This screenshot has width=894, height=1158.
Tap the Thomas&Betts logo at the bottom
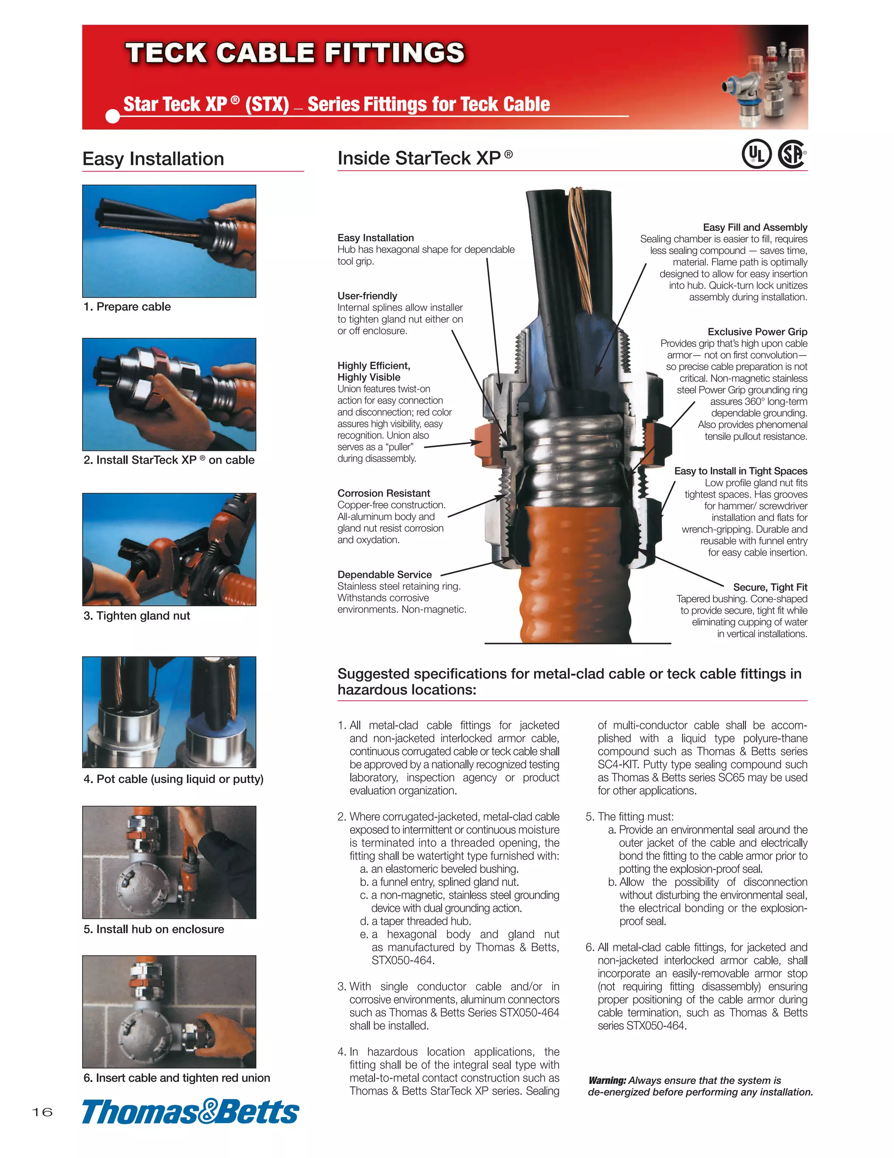tap(190, 1112)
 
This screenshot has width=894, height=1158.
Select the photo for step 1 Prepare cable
tap(169, 241)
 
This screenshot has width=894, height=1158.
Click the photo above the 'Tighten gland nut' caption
tap(169, 549)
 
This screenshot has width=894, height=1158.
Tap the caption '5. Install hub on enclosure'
tap(154, 929)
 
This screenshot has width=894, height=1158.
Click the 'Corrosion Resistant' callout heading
tap(383, 493)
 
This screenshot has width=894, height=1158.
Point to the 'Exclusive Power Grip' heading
tap(757, 331)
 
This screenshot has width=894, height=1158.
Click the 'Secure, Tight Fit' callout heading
tap(770, 587)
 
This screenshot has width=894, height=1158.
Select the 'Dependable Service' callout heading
tap(385, 574)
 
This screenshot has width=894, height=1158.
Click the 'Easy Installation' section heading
tap(153, 158)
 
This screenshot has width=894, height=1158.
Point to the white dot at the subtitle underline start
tap(113, 116)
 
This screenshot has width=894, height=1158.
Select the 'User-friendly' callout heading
tap(367, 296)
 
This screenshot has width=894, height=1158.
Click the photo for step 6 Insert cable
tap(169, 1012)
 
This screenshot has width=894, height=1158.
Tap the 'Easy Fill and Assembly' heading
tap(755, 227)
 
